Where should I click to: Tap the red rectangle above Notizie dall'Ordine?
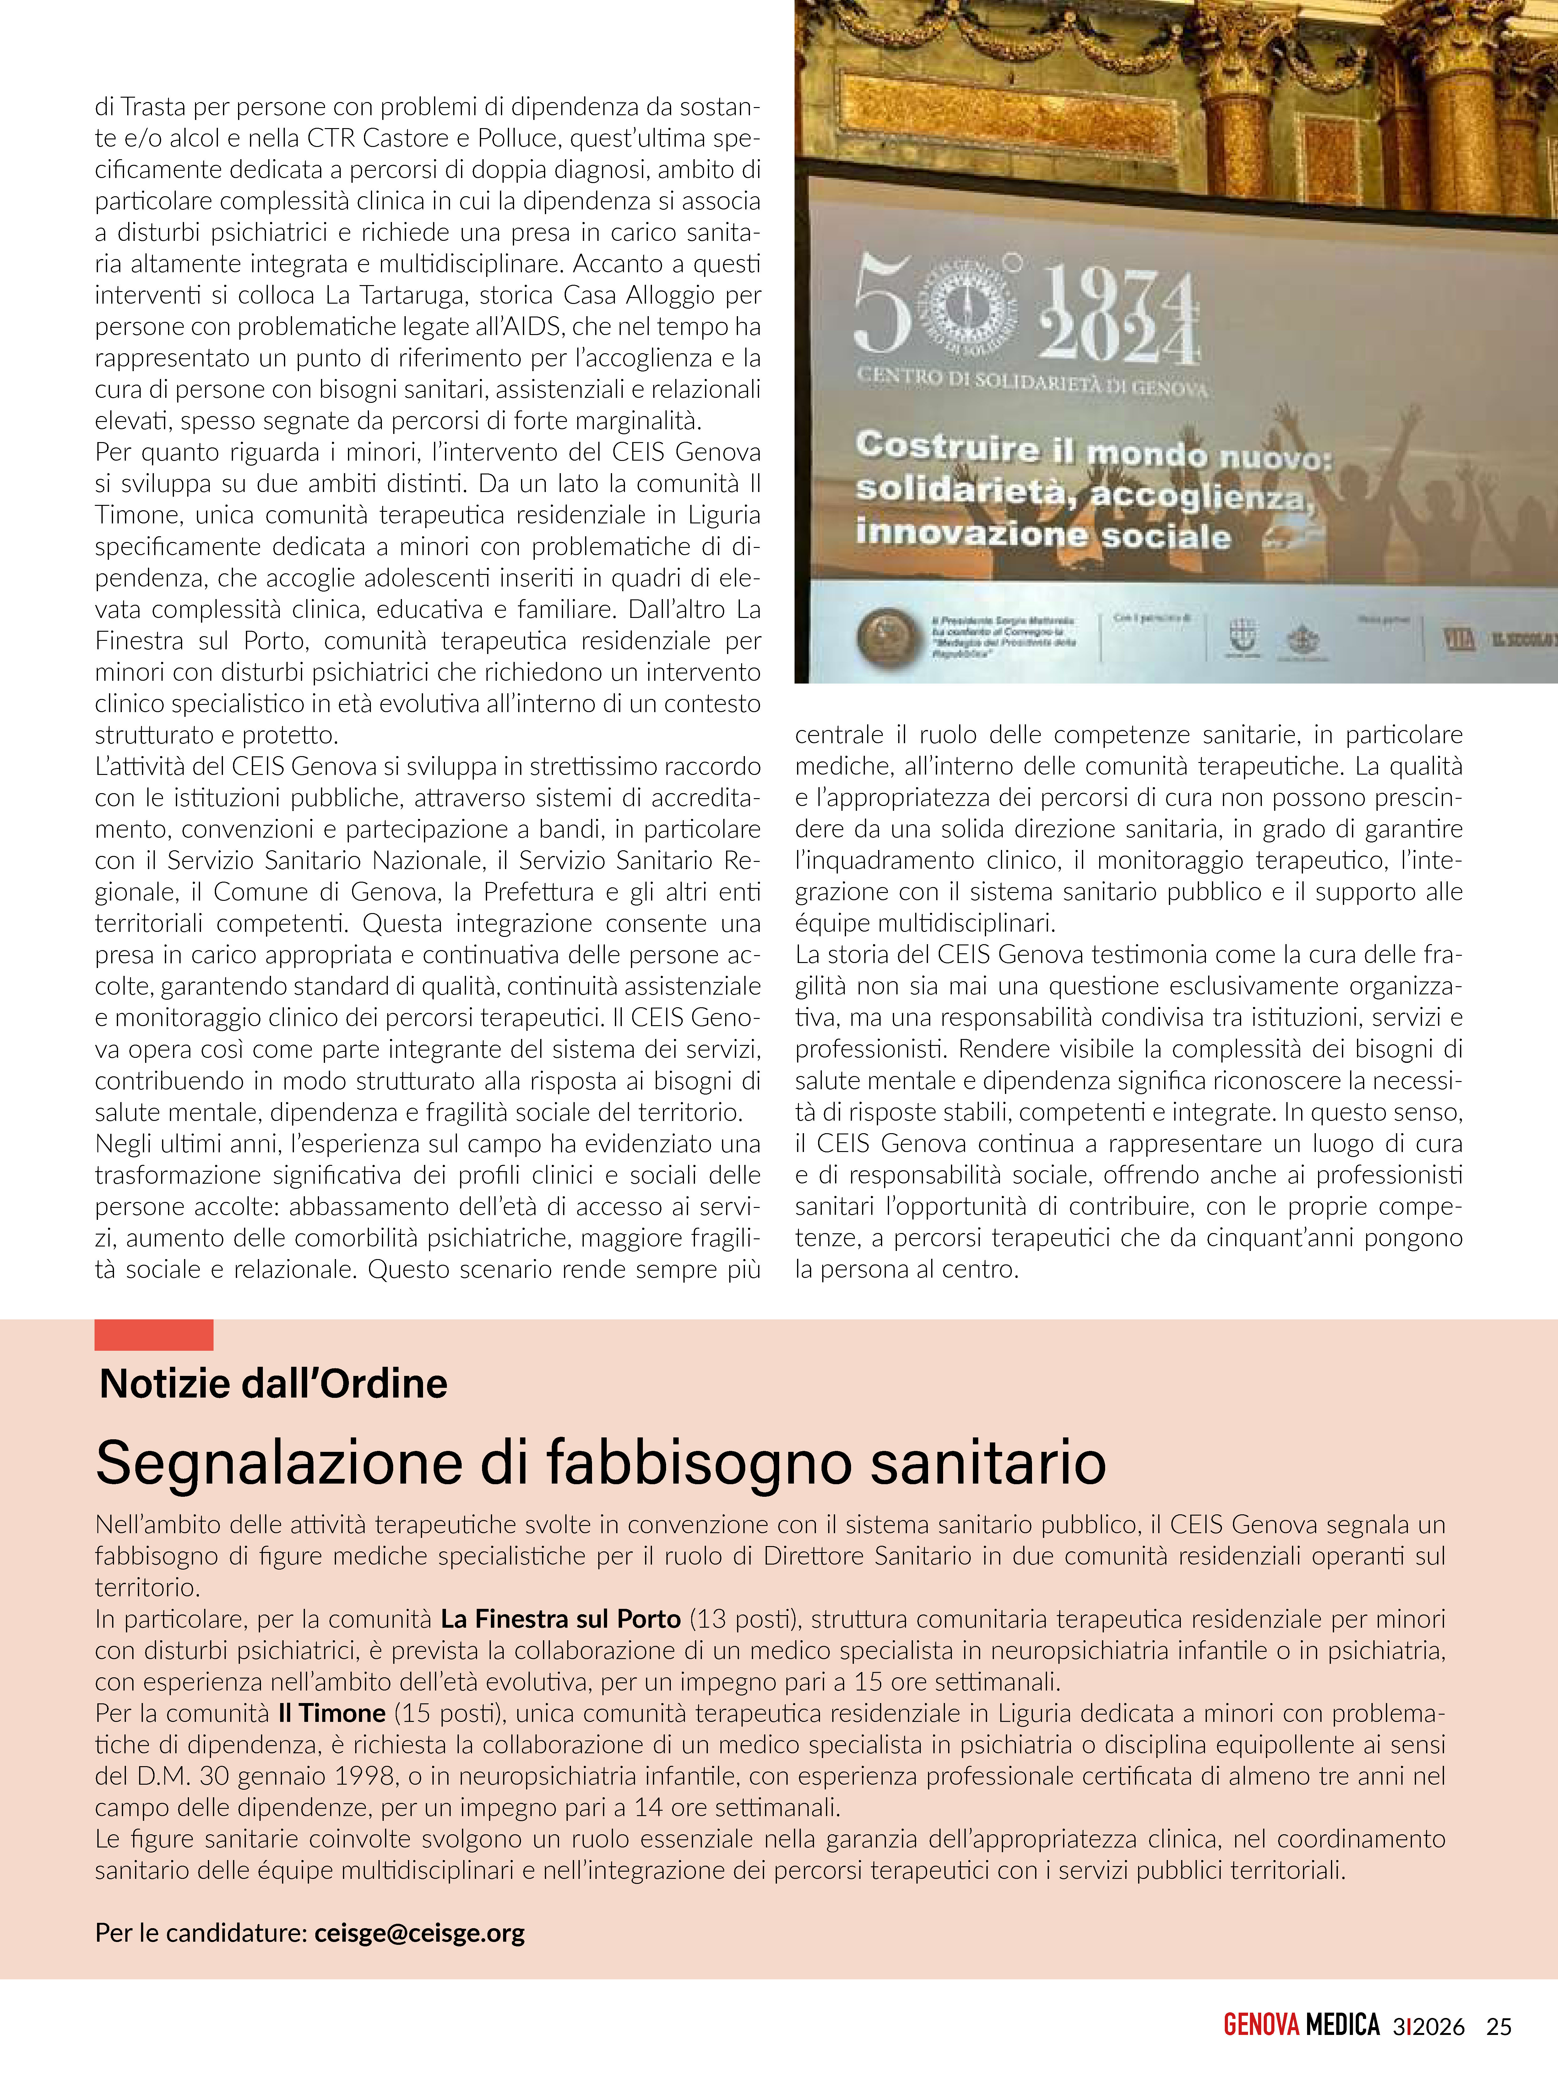point(154,1334)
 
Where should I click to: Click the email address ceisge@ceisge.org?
point(420,1932)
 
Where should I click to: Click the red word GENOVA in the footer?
point(1261,2026)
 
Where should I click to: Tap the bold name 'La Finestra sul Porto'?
point(561,1619)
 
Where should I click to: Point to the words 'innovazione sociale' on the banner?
point(1042,535)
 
